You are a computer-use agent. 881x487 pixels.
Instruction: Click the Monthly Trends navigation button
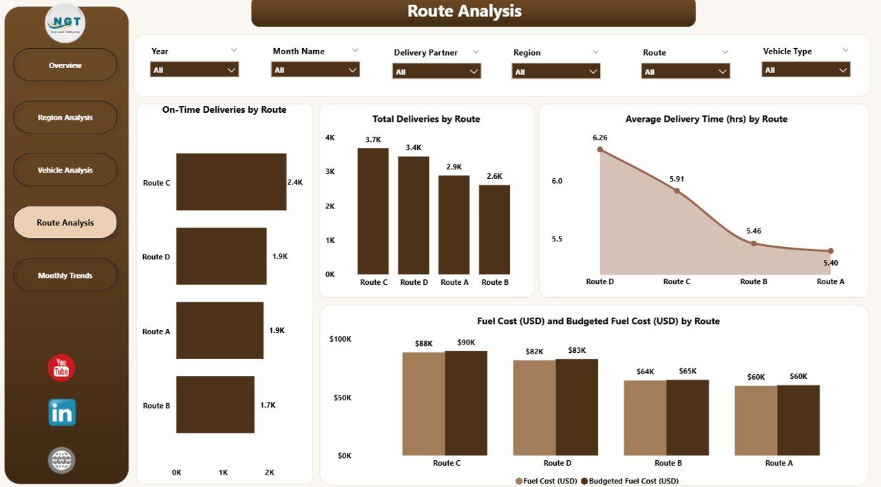[x=65, y=275]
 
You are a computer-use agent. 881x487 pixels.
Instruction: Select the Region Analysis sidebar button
[x=65, y=118]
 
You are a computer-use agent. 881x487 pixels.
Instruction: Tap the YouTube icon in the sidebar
[x=61, y=368]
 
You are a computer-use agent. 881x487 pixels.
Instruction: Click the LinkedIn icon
[x=62, y=412]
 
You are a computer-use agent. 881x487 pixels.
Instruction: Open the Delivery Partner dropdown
[x=436, y=72]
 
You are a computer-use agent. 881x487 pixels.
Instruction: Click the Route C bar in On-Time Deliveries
[x=231, y=182]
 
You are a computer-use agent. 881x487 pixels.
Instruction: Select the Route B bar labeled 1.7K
[x=215, y=404]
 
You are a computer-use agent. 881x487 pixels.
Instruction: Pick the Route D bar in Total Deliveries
[x=414, y=215]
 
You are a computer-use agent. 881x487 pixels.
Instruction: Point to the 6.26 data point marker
[x=600, y=149]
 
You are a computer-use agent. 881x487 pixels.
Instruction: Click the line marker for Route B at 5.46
[x=754, y=243]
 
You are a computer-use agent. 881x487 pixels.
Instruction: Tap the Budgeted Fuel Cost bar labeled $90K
[x=466, y=402]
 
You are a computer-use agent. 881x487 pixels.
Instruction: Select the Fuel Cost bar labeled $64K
[x=645, y=418]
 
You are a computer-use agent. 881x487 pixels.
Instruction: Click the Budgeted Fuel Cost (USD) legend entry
[x=634, y=481]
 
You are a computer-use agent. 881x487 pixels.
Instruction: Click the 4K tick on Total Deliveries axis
[x=330, y=138]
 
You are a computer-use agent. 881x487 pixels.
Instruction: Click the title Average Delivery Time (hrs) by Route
[x=706, y=119]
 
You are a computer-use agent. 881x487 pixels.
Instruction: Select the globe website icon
[x=61, y=459]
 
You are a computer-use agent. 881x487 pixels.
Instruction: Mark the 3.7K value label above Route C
[x=373, y=140]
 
